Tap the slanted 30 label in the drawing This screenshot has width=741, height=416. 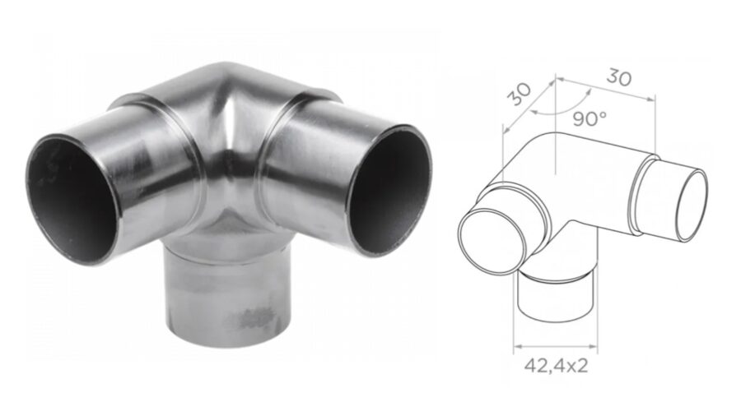(519, 94)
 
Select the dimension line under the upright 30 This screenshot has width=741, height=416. (609, 90)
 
